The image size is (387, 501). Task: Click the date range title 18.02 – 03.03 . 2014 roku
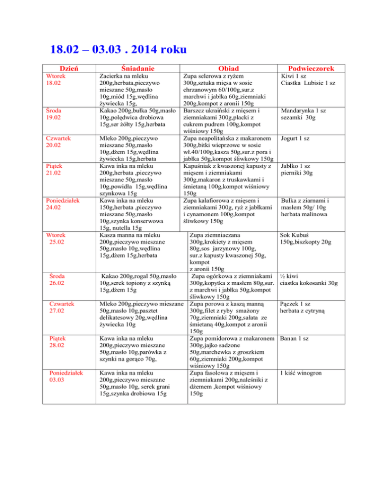[118, 49]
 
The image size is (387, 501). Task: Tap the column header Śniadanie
[132, 69]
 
